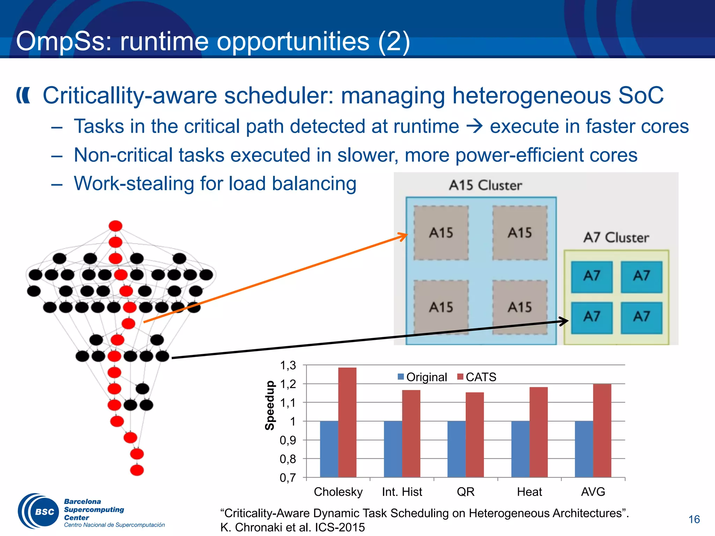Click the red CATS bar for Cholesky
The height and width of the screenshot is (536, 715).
347,422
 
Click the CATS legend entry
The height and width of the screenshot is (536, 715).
477,377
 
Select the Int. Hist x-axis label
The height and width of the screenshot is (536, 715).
402,492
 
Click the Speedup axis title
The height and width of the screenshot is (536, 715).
270,405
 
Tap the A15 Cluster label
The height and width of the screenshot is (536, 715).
485,185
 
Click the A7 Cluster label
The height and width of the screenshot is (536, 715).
616,238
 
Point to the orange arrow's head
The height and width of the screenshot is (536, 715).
405,236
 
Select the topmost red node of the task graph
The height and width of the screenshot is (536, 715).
116,226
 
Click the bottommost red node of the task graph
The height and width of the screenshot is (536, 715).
137,470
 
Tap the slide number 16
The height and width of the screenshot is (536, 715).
694,519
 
